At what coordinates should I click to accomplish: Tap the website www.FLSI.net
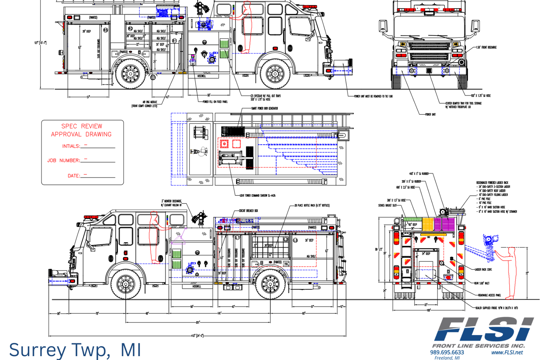[x=507, y=352]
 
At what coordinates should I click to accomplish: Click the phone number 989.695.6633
[x=447, y=352]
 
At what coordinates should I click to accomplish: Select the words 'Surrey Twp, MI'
[x=75, y=350]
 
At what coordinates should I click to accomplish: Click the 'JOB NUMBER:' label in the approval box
[x=64, y=160]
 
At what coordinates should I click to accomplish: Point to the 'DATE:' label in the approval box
[x=74, y=176]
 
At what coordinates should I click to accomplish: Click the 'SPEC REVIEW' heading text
[x=82, y=126]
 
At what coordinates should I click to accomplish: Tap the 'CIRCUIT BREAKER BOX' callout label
[x=248, y=211]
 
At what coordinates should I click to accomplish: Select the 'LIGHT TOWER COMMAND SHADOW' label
[x=257, y=195]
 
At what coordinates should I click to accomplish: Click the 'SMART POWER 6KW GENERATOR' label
[x=265, y=109]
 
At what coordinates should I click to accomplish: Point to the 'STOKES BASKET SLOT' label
[x=387, y=206]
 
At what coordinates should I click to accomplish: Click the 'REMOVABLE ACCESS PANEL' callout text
[x=489, y=295]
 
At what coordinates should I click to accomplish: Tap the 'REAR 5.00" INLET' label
[x=481, y=283]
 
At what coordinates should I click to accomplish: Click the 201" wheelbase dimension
[x=198, y=322]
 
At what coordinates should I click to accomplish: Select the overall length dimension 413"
[x=197, y=336]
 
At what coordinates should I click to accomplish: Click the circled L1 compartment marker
[x=237, y=238]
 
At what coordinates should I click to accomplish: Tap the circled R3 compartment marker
[x=105, y=30]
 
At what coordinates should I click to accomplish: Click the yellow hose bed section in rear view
[x=427, y=224]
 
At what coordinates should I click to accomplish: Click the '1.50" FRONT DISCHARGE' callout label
[x=486, y=47]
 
